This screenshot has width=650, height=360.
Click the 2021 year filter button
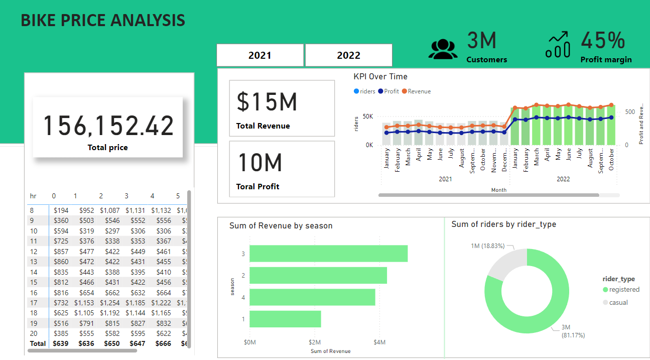260,55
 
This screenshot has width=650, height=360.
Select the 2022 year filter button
348,55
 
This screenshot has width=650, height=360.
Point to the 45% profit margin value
603,41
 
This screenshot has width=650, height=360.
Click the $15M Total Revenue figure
267,101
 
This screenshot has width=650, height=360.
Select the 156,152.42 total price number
108,126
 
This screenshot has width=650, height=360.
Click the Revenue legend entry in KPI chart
419,91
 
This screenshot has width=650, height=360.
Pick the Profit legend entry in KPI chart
391,91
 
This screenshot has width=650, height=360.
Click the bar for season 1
285,319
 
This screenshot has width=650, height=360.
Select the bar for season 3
328,254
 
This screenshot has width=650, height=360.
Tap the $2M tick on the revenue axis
315,342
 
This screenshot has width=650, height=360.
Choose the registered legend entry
621,290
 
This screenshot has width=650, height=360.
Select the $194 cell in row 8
61,210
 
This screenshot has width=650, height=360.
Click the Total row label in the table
38,344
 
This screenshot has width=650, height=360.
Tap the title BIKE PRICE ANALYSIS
103,21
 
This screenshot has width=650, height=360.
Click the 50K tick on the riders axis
368,116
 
